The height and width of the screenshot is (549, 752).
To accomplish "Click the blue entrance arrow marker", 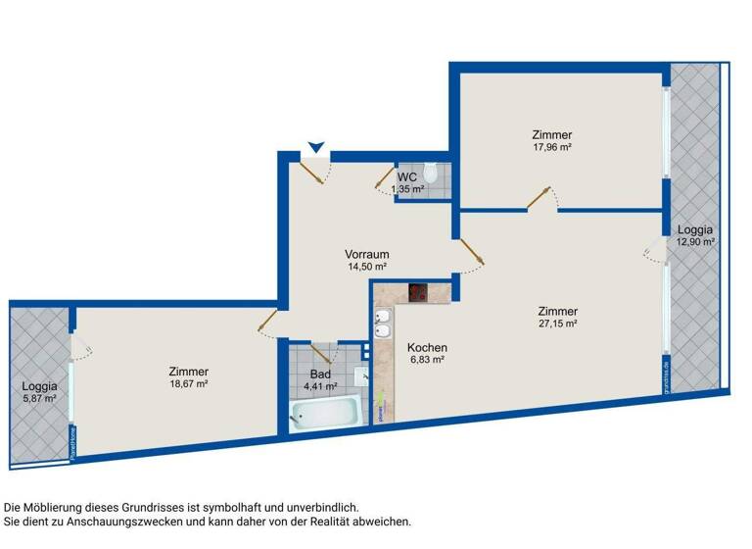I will coord(314,148).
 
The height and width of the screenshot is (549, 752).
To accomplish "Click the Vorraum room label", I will coord(367,253).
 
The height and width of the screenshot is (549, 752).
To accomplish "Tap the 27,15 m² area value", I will coord(557,323).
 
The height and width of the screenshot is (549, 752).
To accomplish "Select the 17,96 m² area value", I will coord(552,148).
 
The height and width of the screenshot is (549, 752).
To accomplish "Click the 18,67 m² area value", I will coord(188,384).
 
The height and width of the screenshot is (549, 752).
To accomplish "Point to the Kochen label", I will coord(427,348).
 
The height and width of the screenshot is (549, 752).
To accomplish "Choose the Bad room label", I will coord(320,374).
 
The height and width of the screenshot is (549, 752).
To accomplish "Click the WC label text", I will coord(407,176).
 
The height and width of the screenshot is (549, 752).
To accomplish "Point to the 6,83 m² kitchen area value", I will coord(427,361).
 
